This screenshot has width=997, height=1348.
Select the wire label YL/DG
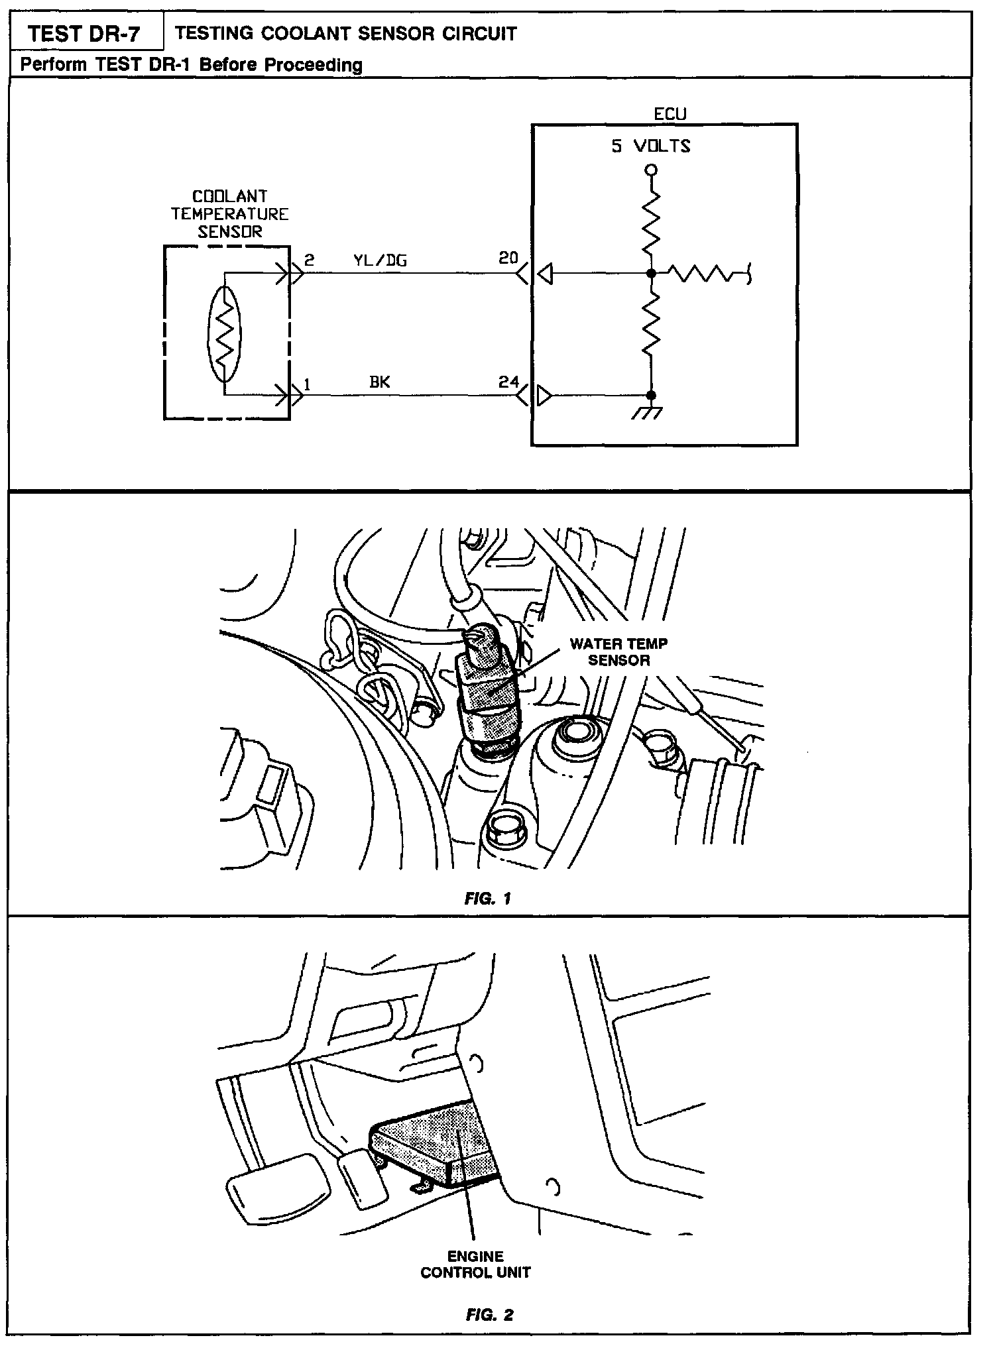[379, 260]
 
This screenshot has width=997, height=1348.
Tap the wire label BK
[379, 382]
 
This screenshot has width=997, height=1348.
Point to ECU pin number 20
[508, 258]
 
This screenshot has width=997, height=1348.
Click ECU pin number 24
[508, 382]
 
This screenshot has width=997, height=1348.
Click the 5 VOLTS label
[650, 146]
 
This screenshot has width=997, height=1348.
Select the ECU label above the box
[670, 114]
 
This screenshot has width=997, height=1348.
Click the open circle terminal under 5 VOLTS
[651, 170]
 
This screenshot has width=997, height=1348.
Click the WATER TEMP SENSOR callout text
[618, 651]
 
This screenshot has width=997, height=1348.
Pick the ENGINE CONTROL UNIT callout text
[475, 1264]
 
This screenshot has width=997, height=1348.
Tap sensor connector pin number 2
[309, 260]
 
